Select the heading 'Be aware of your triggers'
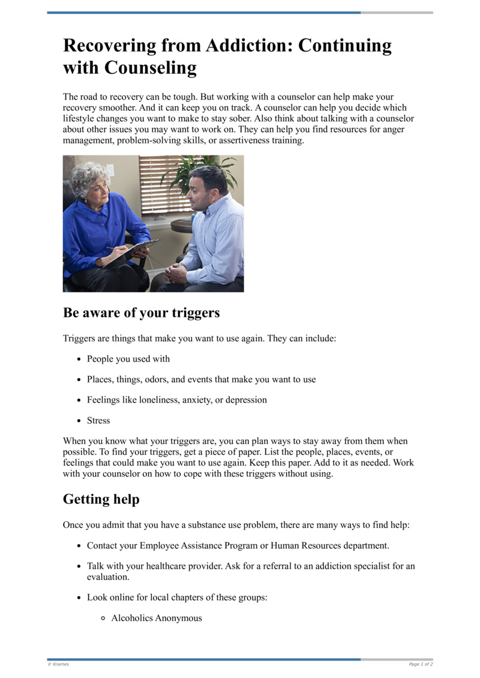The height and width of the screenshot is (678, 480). tap(141, 313)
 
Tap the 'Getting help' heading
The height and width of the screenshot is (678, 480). tap(101, 499)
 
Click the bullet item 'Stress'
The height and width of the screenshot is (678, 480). tap(98, 420)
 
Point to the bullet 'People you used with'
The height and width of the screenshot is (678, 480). tap(128, 359)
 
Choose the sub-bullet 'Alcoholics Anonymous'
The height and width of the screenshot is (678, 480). tap(157, 617)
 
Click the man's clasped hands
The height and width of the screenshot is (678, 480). tap(176, 273)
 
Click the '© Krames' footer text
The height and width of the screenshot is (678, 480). tap(58, 664)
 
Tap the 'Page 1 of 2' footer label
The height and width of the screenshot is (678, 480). tap(421, 664)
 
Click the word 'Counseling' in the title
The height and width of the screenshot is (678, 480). tap(151, 68)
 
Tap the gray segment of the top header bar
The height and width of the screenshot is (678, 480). tap(397, 13)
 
